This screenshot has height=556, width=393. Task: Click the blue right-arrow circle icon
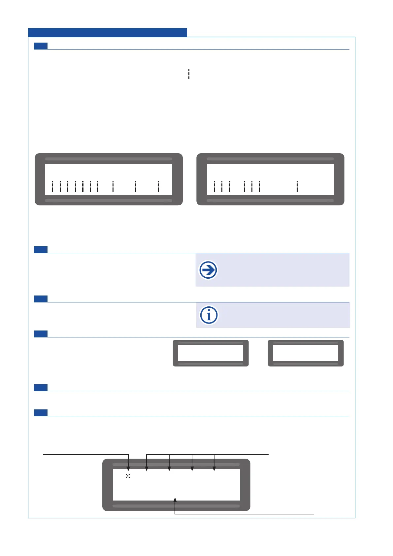coord(208,270)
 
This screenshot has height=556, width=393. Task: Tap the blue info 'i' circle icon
coord(209,315)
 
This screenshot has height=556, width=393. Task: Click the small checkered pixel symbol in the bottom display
coord(128,476)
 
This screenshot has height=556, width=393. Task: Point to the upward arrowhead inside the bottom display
coord(175,500)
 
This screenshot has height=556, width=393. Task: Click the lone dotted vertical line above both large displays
coord(189,74)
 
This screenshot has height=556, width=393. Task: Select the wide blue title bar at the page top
coord(107,32)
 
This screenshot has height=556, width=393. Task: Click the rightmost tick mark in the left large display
coord(158,187)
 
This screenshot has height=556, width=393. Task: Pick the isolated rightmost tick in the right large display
coord(297,187)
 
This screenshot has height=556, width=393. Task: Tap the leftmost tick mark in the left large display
coord(52,187)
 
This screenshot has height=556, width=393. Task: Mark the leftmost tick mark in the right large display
coord(214,187)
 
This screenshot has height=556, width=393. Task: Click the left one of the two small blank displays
coord(211,353)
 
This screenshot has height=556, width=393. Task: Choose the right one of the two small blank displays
coord(306,353)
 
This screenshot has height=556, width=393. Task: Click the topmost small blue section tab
coord(41,46)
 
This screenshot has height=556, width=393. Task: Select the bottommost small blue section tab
coord(41,413)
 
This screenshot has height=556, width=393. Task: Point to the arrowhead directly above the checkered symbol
coord(128,469)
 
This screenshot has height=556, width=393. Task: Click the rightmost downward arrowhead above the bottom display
coord(214,469)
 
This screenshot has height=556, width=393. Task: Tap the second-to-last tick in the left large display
coord(136,187)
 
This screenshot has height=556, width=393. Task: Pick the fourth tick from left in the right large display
coord(244,187)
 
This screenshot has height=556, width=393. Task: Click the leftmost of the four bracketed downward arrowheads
coord(147,469)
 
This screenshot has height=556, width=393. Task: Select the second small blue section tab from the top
coord(41,250)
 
